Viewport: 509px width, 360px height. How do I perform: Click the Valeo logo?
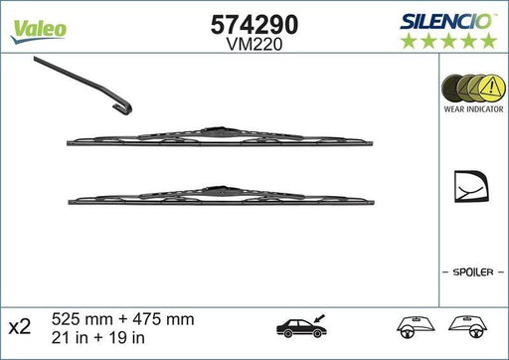coord(39,27)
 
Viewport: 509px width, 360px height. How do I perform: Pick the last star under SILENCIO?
coord(489,40)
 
